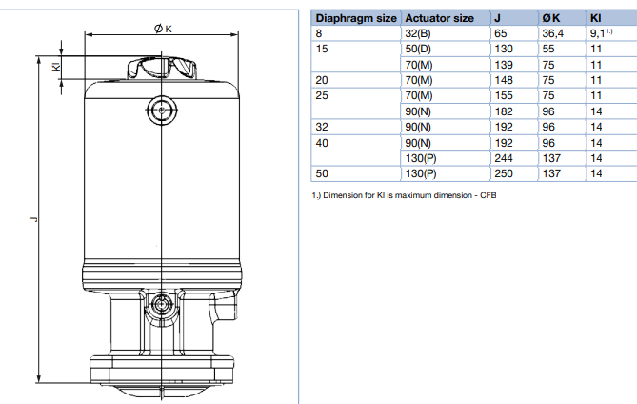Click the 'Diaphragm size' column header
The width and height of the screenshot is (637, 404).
click(x=356, y=18)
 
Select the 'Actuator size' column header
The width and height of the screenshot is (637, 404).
click(x=439, y=18)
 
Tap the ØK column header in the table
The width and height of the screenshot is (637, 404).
click(x=551, y=18)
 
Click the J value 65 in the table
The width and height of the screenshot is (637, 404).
click(x=501, y=33)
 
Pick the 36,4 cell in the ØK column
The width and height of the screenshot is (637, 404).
click(x=552, y=33)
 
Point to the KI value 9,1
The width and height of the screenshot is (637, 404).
click(x=601, y=33)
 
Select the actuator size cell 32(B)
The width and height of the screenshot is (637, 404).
click(x=418, y=33)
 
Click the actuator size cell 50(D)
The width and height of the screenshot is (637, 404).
click(x=418, y=50)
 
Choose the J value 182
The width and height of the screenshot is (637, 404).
click(x=504, y=111)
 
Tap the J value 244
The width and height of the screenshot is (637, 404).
click(x=504, y=158)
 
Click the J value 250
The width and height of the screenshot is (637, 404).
click(x=504, y=173)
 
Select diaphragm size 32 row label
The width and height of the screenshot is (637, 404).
click(x=322, y=127)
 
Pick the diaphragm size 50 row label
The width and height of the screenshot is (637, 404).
click(x=322, y=173)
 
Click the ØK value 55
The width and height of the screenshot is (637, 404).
click(x=548, y=50)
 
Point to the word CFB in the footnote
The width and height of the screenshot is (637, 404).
click(x=488, y=195)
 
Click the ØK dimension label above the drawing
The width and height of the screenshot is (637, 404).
click(x=163, y=29)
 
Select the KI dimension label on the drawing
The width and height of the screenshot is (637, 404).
click(x=56, y=66)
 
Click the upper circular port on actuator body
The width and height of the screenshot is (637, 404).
click(x=162, y=110)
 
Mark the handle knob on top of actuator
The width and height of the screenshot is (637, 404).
click(x=162, y=68)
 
